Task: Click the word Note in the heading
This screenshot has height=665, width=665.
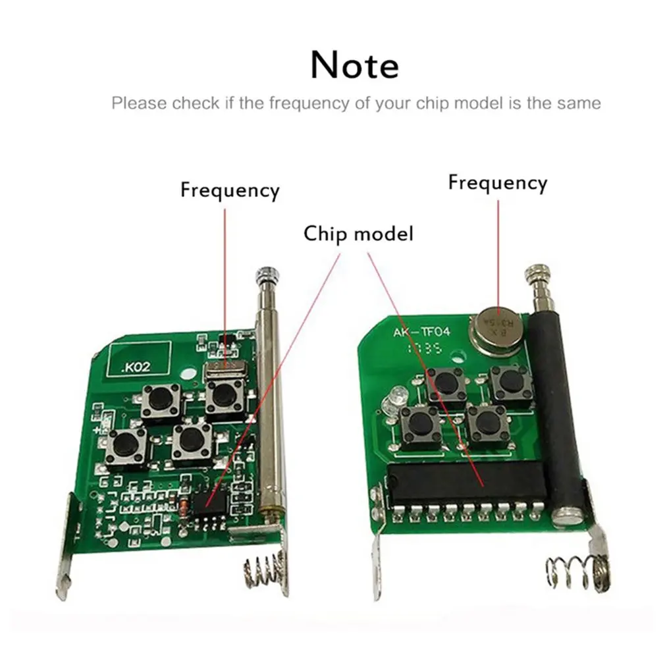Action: [x=354, y=65]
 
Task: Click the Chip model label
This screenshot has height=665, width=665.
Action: [x=358, y=233]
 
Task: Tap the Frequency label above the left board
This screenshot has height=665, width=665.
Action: [x=230, y=190]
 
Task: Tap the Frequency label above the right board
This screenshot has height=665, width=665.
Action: [x=497, y=182]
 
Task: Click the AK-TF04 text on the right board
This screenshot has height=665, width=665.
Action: [x=421, y=333]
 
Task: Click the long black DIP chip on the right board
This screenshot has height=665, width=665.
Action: [x=462, y=483]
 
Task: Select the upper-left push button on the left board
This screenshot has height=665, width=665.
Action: [x=159, y=400]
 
